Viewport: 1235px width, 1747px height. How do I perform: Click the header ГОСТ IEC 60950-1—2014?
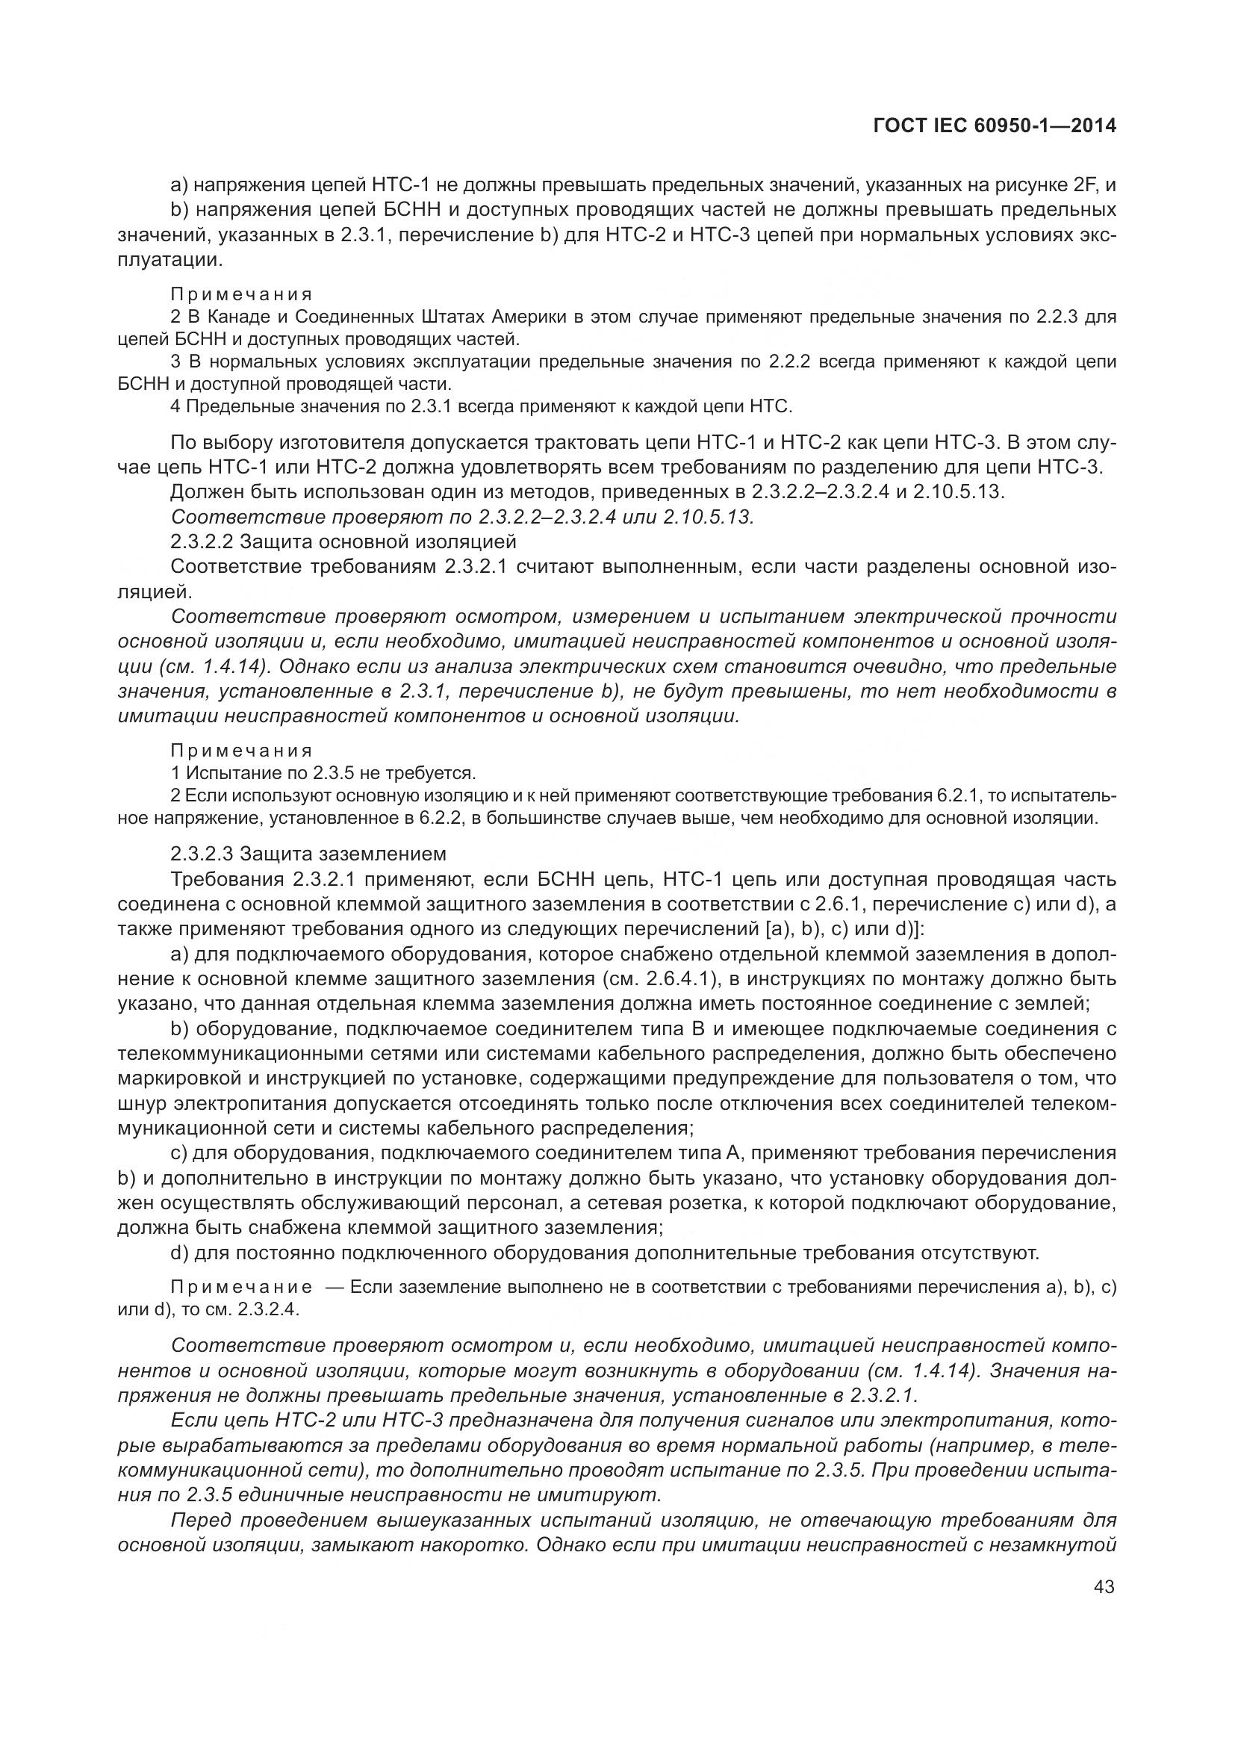click(x=995, y=126)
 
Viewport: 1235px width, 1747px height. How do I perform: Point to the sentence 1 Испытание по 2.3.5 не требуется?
click(x=323, y=773)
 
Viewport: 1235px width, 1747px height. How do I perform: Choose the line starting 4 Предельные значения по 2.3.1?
click(x=482, y=406)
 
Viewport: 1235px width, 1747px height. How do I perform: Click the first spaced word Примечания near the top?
click(x=241, y=294)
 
